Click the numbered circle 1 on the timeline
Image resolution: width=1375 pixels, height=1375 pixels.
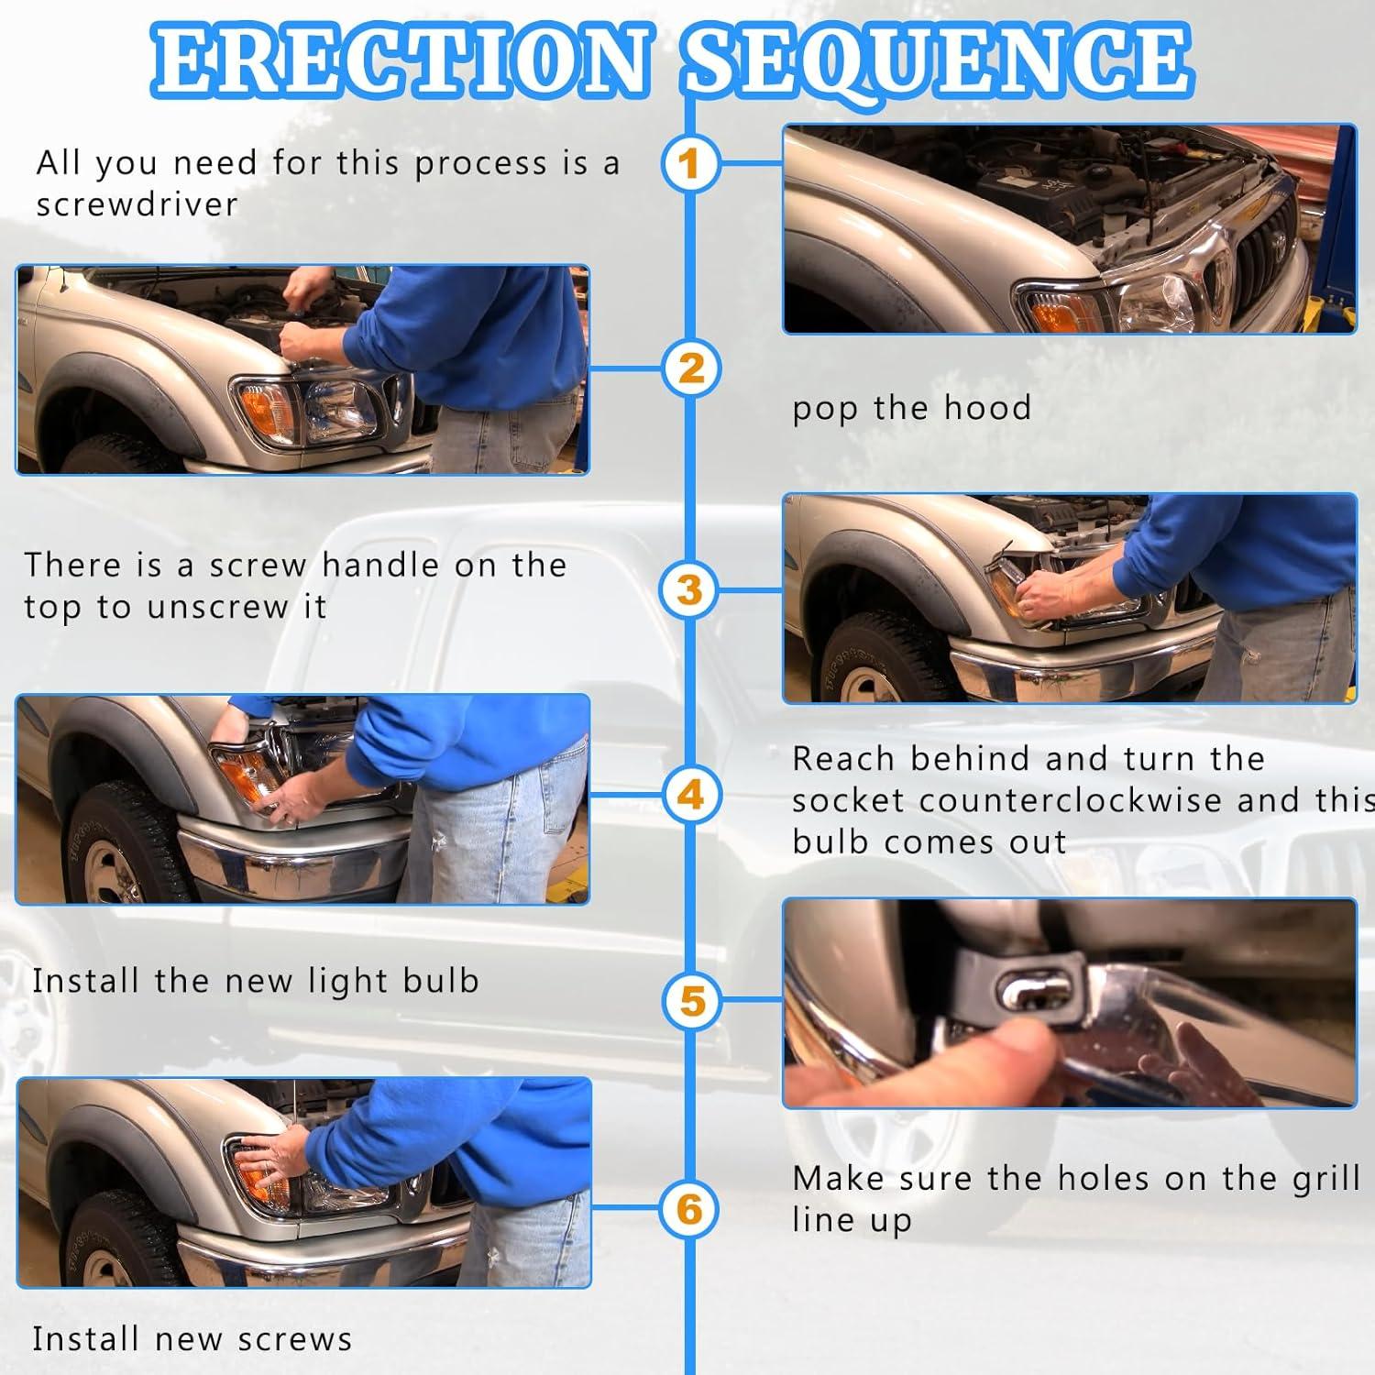[x=689, y=164]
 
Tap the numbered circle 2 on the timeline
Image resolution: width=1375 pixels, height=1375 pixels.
[x=691, y=368]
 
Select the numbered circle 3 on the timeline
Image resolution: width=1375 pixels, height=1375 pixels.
[x=689, y=589]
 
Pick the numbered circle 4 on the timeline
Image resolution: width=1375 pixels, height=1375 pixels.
[x=690, y=794]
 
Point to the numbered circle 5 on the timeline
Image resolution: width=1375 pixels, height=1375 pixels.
[x=692, y=1001]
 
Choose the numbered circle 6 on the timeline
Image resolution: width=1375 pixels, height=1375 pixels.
[x=689, y=1209]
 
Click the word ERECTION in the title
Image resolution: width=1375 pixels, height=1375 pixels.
[x=401, y=60]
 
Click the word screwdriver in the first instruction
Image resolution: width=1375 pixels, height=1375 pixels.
[x=137, y=204]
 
